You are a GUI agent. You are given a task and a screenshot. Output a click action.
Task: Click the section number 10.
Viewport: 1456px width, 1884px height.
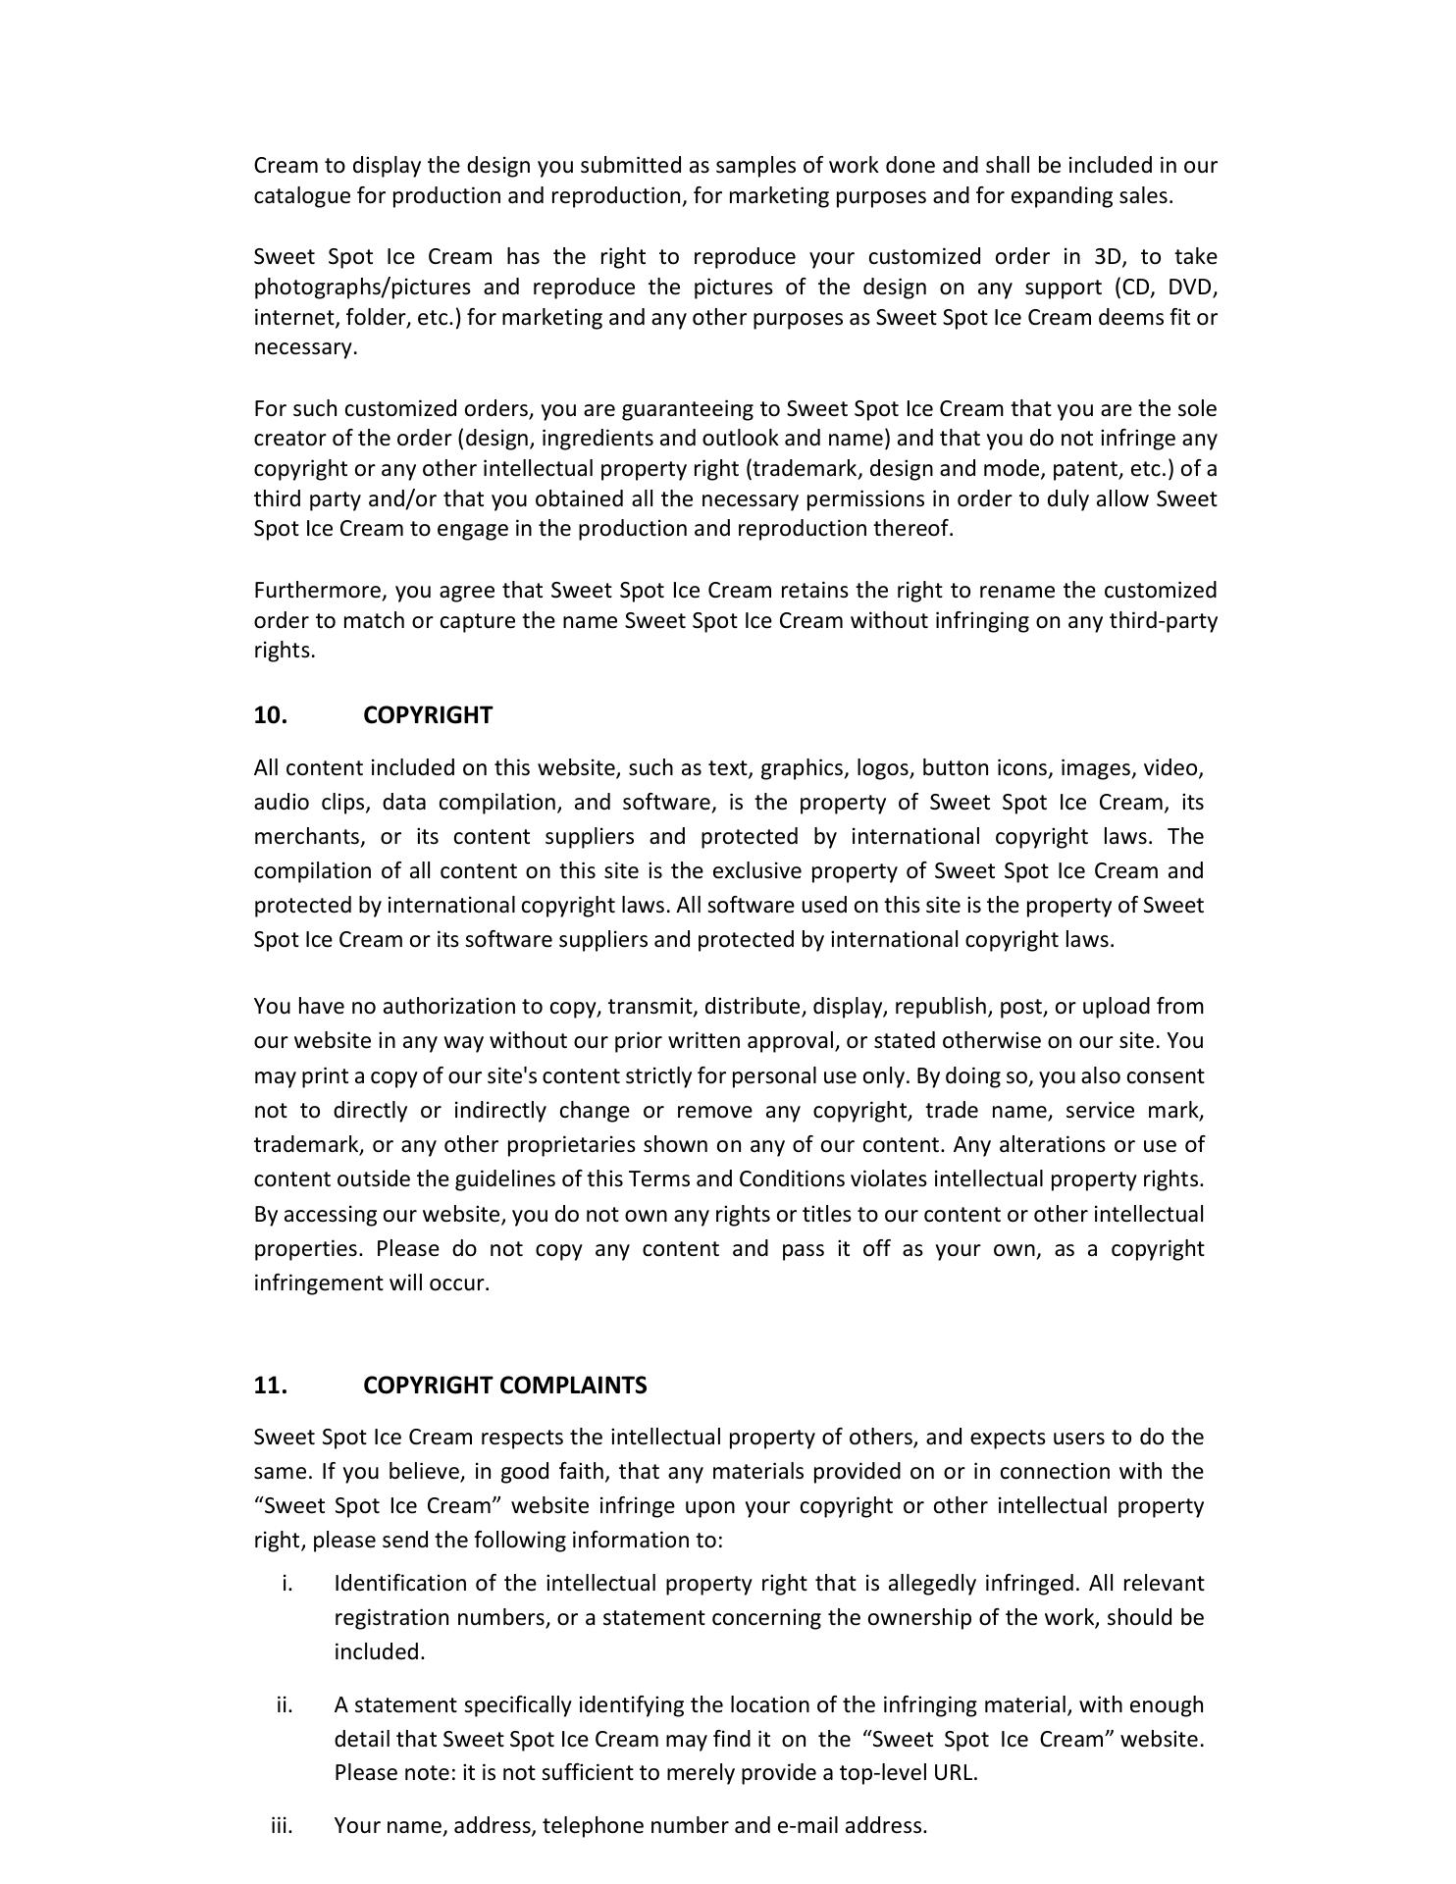coord(270,715)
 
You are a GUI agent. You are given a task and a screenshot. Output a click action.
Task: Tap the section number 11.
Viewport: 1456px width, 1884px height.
coord(270,1385)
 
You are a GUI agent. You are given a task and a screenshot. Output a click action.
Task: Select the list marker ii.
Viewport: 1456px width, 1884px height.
coord(285,1704)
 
